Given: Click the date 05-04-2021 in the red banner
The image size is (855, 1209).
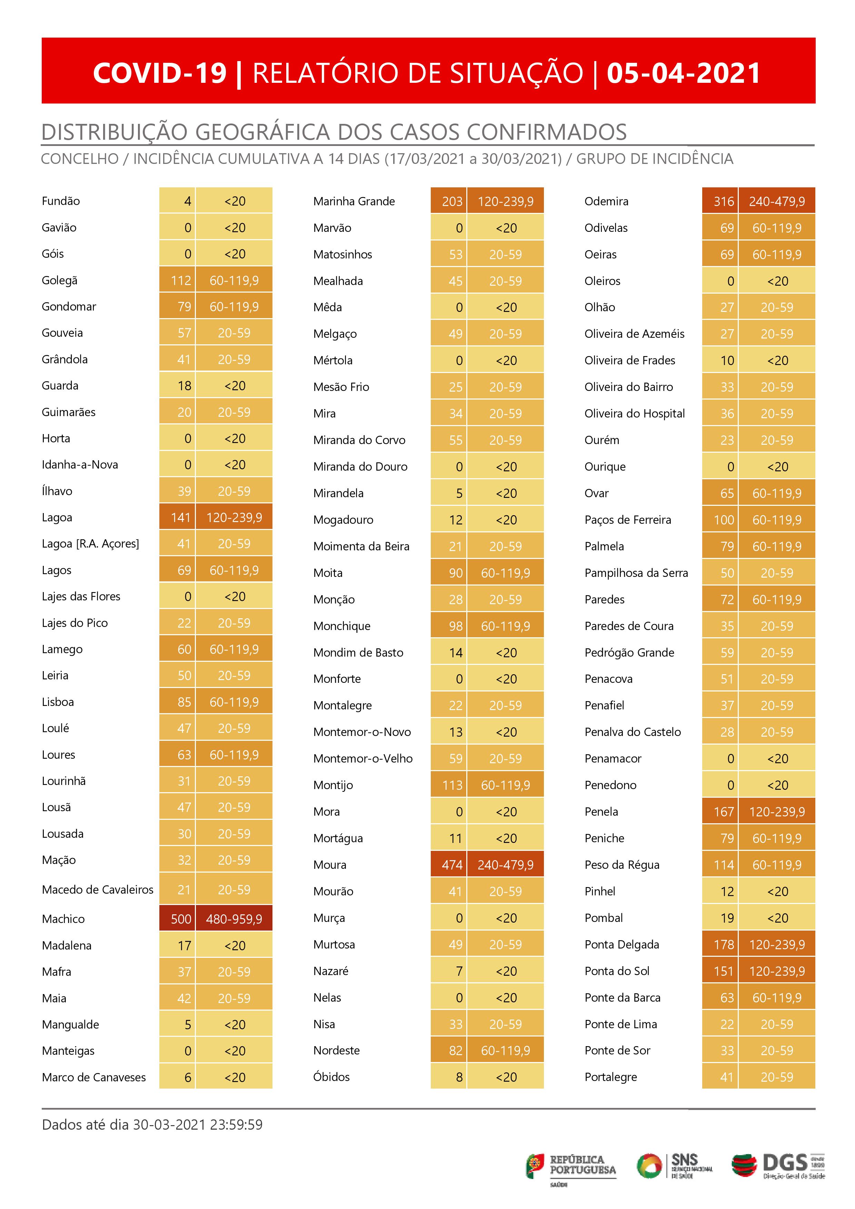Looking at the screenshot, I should (683, 73).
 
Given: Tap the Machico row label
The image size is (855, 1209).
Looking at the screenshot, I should (63, 919).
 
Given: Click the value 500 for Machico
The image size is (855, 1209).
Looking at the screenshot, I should (181, 919).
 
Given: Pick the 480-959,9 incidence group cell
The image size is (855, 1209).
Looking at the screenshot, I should (234, 919).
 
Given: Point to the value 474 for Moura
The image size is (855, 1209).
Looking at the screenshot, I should (452, 865).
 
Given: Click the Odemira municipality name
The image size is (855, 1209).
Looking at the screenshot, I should (606, 201).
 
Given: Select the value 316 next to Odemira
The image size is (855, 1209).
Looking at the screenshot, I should (723, 201).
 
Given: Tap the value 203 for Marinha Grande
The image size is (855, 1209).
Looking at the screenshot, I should (452, 201).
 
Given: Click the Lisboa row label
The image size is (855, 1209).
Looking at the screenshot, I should (58, 702).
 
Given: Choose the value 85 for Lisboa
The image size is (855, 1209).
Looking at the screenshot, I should (184, 702).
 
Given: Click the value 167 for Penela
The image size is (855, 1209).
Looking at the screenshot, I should (723, 812).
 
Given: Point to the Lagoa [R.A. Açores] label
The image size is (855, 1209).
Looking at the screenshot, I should (90, 543).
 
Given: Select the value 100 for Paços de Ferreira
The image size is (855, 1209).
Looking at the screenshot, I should (723, 520).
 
